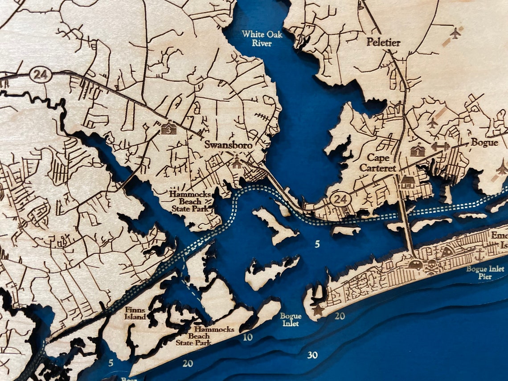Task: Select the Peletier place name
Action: [383, 43]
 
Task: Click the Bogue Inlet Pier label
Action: [485, 273]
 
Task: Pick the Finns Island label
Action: [135, 313]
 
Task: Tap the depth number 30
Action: [312, 355]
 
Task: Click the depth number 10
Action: [248, 337]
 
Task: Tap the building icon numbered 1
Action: [416, 150]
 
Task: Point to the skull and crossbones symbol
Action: [432, 268]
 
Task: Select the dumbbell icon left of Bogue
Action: [440, 147]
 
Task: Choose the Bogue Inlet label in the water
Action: [291, 320]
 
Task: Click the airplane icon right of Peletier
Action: [455, 33]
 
